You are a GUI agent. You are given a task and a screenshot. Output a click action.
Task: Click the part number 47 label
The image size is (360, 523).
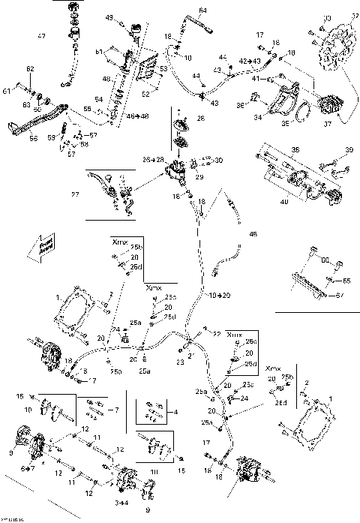(x=41, y=37)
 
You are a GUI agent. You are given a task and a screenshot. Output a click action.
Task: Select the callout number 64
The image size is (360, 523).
(x=202, y=10)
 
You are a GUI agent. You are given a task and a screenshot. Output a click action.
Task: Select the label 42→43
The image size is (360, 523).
(x=250, y=59)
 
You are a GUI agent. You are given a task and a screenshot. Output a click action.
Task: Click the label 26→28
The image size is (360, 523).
(x=152, y=160)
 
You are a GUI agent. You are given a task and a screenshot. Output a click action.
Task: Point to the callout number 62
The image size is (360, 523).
(x=30, y=69)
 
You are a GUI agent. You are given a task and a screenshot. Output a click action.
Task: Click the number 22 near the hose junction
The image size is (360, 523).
(x=217, y=333)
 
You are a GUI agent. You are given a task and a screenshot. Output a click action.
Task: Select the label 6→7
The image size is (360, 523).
(x=27, y=468)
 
